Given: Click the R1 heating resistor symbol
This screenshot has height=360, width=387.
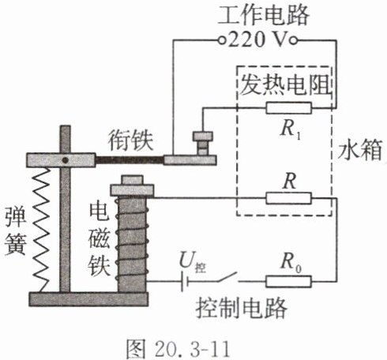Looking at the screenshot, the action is (288, 108).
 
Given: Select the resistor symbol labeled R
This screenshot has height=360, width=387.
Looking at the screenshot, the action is (288, 198).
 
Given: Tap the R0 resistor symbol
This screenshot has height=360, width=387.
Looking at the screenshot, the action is (288, 281).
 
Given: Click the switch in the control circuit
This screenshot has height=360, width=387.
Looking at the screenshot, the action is (227, 277).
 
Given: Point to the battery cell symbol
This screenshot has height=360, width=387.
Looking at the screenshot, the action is (184, 282).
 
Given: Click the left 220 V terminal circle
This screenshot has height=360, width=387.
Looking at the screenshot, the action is (222, 40).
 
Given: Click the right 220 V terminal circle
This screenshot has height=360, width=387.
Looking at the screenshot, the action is (293, 40).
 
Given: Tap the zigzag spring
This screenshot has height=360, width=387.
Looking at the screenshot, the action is (41, 230).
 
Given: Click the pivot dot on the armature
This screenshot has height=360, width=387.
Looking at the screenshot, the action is (65, 160).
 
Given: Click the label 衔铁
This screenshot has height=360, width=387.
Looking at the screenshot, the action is (130, 141).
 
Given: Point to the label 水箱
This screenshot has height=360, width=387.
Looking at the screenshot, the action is (359, 151).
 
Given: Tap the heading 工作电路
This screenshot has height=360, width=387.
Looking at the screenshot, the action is (263, 15).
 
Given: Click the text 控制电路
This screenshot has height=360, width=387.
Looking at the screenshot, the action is (241, 309).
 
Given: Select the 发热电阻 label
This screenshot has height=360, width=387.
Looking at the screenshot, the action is (285, 84).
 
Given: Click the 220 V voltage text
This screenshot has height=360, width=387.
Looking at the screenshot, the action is (257, 40).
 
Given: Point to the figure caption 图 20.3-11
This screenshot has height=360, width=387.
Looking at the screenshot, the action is (178, 348).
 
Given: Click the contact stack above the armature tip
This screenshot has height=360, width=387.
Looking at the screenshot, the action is (203, 143).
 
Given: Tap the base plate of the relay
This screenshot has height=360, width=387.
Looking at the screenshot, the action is (88, 299).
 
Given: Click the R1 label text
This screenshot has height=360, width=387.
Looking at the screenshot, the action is (290, 130).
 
